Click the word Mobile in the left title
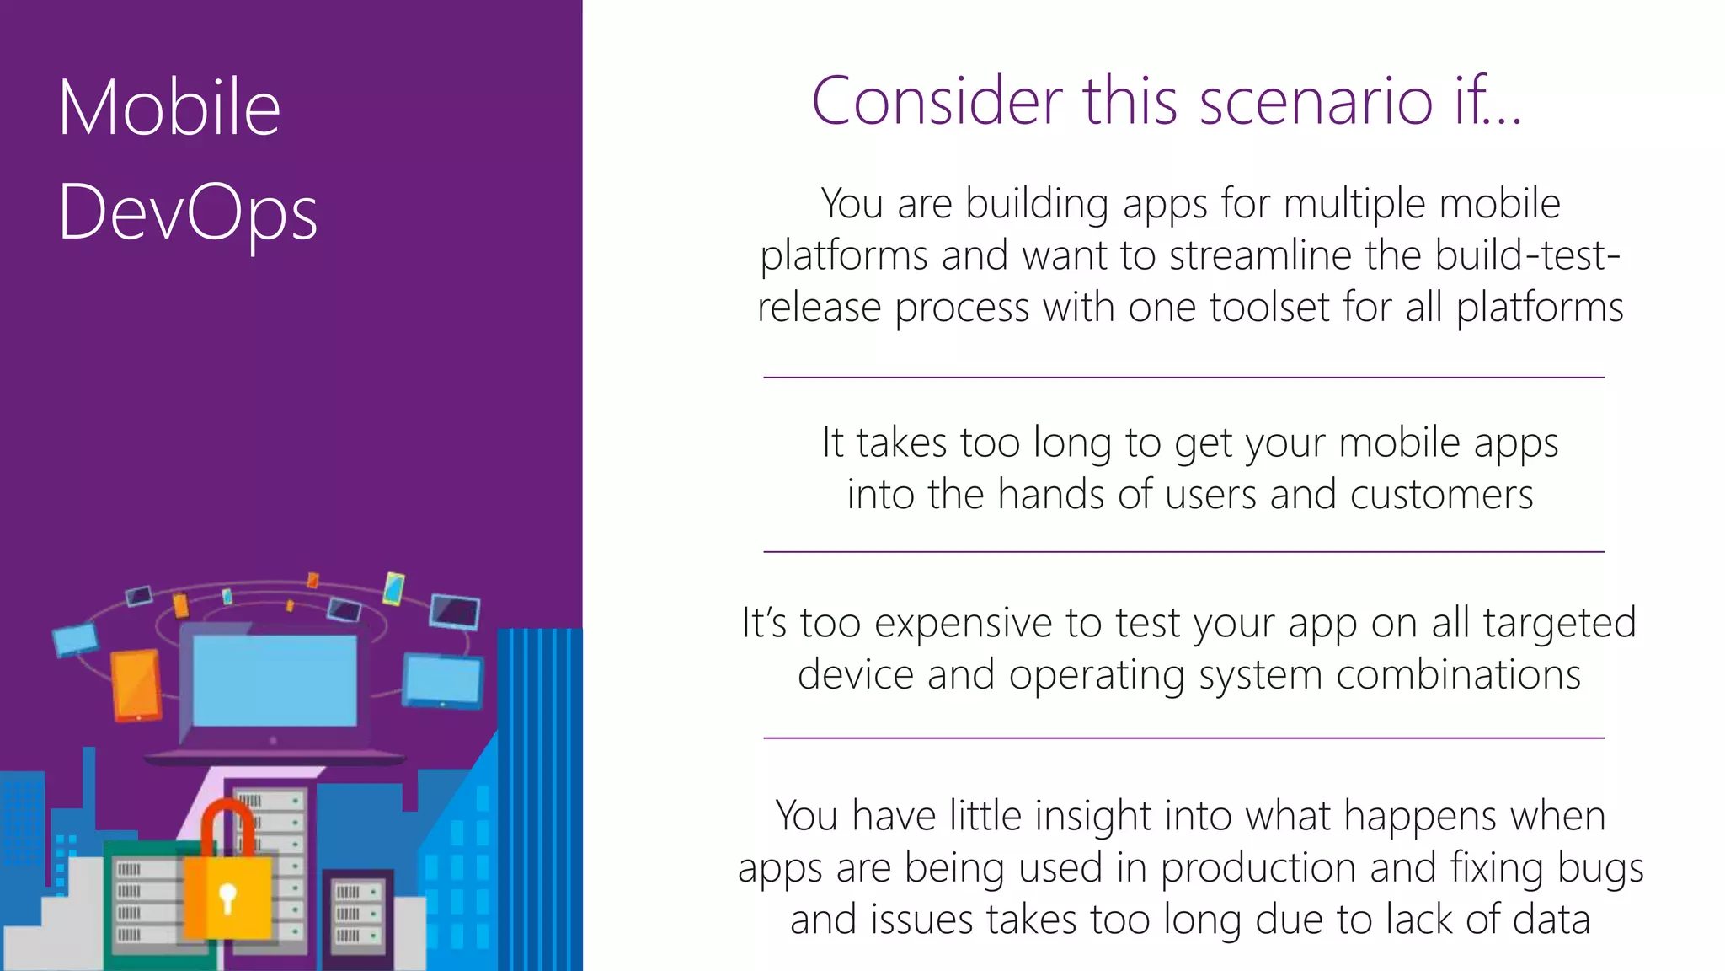(x=169, y=107)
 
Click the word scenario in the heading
(x=1316, y=101)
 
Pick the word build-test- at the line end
(x=1528, y=255)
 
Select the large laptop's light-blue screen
(x=275, y=680)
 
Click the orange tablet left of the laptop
(x=136, y=685)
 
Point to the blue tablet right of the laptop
(x=443, y=680)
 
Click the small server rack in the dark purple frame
(x=358, y=915)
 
